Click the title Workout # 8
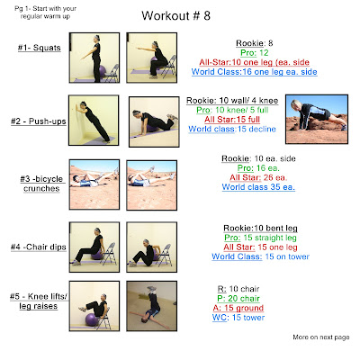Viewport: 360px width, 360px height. (176, 15)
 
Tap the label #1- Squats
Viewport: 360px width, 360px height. (40, 48)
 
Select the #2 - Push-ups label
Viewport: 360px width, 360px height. (39, 121)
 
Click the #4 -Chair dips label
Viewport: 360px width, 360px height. (39, 247)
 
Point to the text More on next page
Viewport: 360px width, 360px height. (321, 337)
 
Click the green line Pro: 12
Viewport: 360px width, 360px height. (255, 53)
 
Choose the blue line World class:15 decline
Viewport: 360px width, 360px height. (232, 129)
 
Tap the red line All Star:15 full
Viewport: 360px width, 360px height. (232, 120)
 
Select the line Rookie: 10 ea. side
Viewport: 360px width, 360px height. (258, 158)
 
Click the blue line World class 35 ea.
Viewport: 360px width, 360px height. (258, 187)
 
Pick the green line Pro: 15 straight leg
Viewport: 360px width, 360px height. (260, 238)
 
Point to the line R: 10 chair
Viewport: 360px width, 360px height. (238, 289)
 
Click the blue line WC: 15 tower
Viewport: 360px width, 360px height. (238, 318)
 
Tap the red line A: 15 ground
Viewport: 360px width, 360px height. (238, 308)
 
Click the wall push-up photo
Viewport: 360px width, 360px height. (94, 121)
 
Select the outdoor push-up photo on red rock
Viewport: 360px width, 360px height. (317, 119)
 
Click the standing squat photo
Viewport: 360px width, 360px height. (94, 58)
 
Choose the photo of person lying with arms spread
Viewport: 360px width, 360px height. (152, 306)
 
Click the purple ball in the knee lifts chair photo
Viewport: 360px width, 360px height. (92, 319)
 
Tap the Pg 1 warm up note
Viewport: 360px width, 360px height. (45, 13)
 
